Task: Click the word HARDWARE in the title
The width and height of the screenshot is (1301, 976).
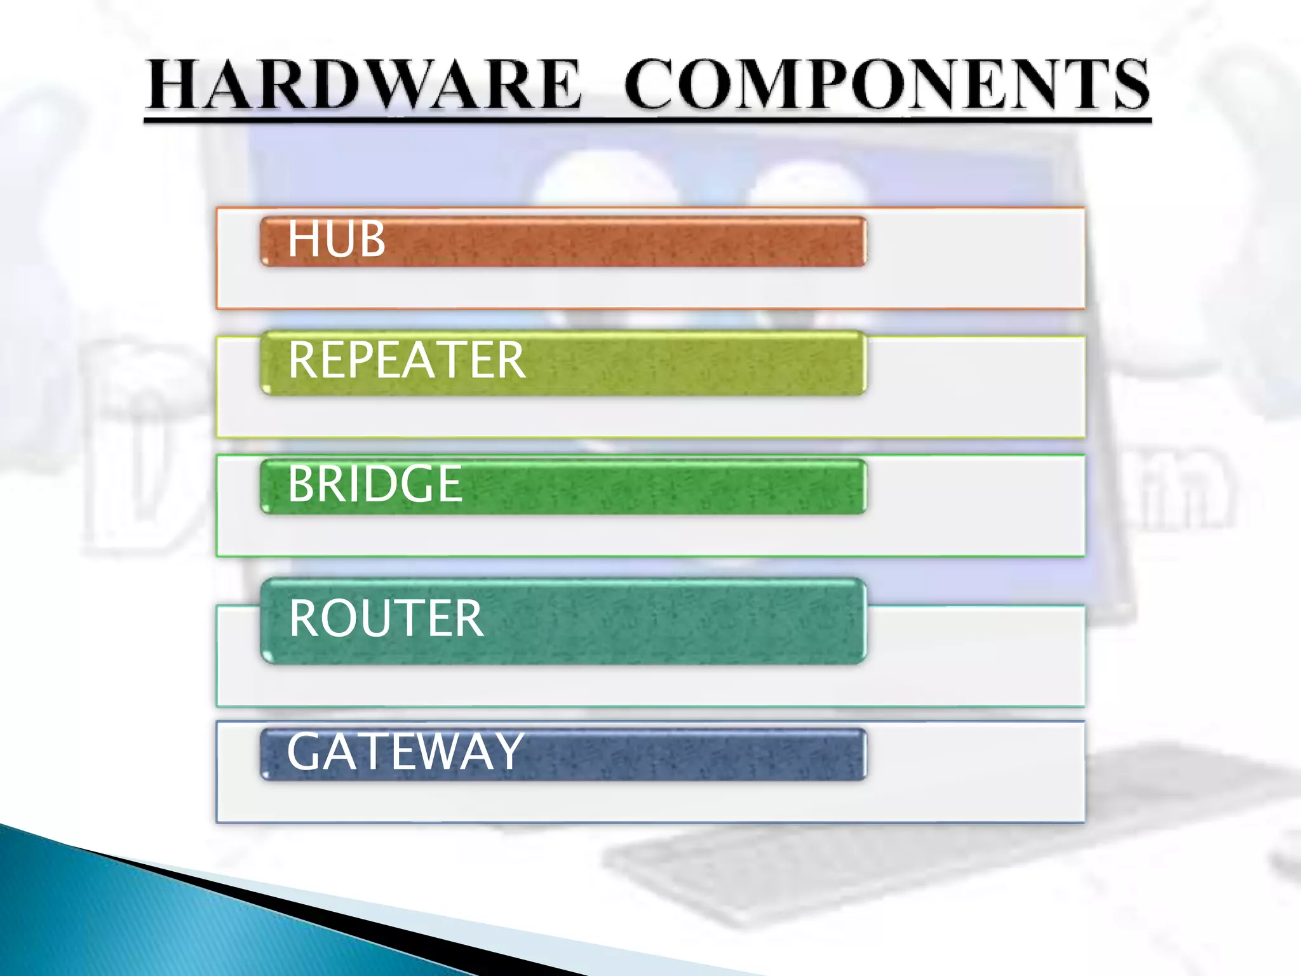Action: pos(363,84)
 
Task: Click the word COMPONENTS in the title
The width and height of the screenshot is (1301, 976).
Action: pos(887,84)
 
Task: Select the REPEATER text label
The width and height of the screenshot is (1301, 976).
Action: pos(407,360)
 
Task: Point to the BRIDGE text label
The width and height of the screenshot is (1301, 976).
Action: pos(375,484)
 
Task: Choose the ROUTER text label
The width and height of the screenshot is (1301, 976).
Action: pos(386,618)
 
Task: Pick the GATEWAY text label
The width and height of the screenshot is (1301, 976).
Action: pos(405,752)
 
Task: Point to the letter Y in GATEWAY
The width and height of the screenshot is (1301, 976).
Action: pos(506,752)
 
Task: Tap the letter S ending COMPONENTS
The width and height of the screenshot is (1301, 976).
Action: pos(1129,84)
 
